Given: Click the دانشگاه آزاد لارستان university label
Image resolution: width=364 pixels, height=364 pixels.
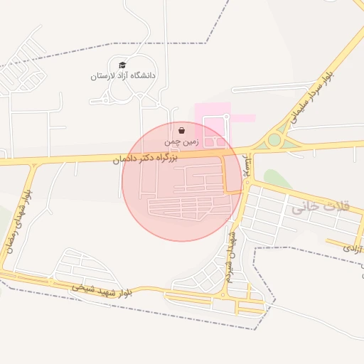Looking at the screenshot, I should pos(124,75).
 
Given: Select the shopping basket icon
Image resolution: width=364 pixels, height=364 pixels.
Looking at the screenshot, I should pos(183,130).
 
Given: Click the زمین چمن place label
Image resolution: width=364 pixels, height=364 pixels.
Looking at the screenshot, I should pos(180,142).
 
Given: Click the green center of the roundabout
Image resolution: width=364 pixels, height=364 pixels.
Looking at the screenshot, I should pos(274,140).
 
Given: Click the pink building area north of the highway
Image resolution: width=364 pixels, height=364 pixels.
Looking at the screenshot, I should pos(213,124).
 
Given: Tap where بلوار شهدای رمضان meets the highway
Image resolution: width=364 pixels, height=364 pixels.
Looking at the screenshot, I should pos(33,163).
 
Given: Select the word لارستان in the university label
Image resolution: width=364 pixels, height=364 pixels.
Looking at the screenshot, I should pos(104,75).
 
